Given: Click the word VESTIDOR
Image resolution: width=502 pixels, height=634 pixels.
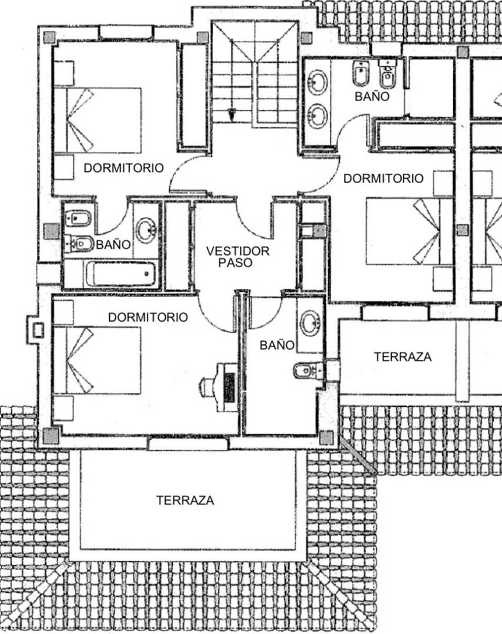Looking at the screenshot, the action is [x=238, y=251].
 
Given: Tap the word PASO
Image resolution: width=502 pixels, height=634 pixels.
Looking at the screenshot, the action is [x=235, y=262].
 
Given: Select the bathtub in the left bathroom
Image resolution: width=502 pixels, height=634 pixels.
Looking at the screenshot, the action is [x=120, y=274].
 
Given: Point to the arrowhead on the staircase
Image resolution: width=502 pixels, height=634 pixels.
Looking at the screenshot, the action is [x=232, y=114].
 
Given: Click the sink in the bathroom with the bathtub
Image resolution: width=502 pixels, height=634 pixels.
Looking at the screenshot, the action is [x=146, y=231].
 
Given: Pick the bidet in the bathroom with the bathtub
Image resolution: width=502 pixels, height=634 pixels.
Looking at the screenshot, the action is [x=78, y=219].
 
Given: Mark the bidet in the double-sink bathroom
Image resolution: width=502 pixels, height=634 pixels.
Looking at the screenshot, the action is [x=361, y=73].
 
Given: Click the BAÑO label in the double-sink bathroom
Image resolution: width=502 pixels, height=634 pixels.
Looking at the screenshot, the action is [x=372, y=97].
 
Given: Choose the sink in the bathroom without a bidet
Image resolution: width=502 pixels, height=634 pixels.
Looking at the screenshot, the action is [x=310, y=323].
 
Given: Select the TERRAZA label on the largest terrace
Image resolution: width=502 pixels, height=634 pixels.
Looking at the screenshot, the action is [x=186, y=501].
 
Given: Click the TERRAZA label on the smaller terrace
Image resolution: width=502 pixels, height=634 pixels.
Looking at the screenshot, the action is [x=403, y=357].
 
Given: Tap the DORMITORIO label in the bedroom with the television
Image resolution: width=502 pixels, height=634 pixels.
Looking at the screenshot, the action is [x=148, y=317].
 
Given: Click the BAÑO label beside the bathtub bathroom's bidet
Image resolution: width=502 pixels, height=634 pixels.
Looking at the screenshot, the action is [x=113, y=245].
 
